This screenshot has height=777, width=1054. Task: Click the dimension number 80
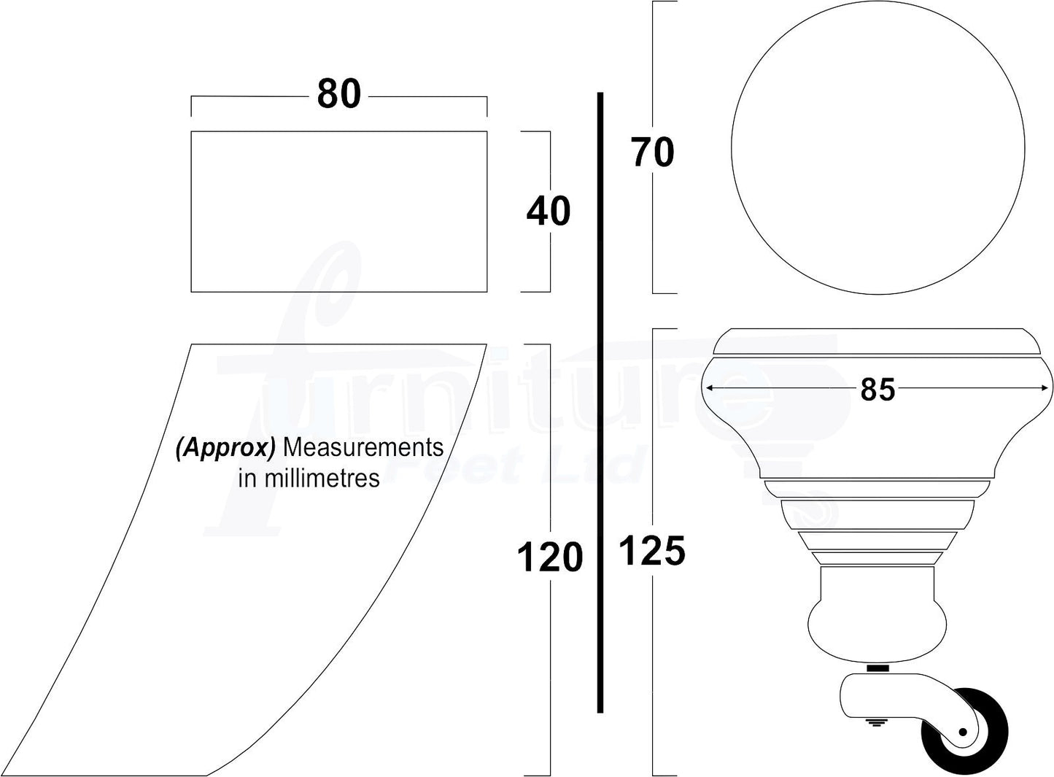tap(338, 93)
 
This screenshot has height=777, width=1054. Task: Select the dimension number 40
tap(549, 212)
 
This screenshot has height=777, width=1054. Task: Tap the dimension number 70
tap(652, 152)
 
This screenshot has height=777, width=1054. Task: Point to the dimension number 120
tap(549, 557)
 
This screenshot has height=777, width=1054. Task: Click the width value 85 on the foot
tap(877, 390)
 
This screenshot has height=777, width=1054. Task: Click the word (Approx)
tap(225, 448)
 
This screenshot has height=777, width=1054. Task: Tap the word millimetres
tap(322, 479)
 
